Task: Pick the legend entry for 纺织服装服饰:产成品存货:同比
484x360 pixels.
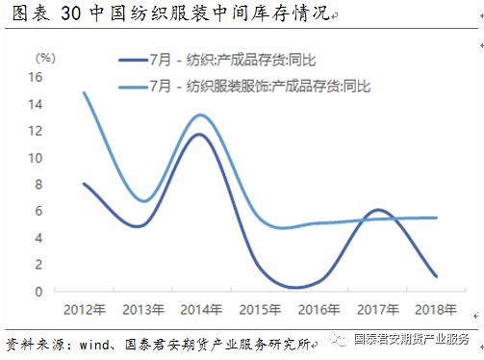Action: pyautogui.click(x=260, y=86)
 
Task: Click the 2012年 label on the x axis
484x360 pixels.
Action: pyautogui.click(x=85, y=309)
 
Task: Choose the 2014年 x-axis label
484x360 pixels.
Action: pyautogui.click(x=199, y=309)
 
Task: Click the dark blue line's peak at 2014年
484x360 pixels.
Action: pyautogui.click(x=198, y=135)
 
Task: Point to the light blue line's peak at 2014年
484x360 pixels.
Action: pyautogui.click(x=198, y=116)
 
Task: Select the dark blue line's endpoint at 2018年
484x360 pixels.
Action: pyautogui.click(x=436, y=276)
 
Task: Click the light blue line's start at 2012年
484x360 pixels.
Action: pyautogui.click(x=85, y=93)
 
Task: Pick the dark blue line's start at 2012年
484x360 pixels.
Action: pyautogui.click(x=85, y=184)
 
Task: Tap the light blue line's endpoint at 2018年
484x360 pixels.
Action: pyautogui.click(x=436, y=218)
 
